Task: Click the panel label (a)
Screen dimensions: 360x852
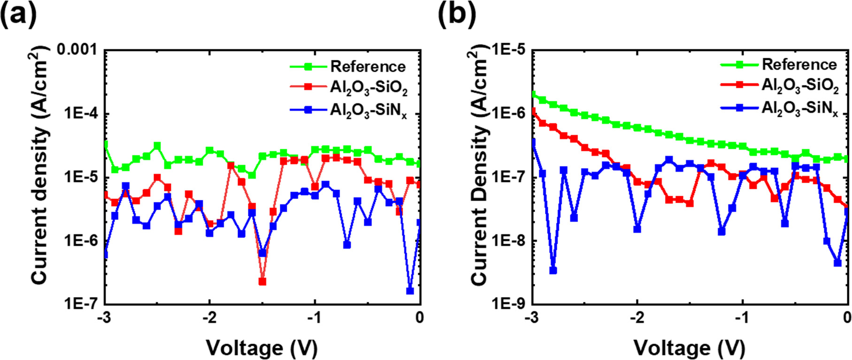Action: point(19,14)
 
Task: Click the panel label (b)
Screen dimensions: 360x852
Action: point(457,14)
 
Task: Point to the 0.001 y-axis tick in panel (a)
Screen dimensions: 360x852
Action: point(77,49)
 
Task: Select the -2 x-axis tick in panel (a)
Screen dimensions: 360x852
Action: point(209,318)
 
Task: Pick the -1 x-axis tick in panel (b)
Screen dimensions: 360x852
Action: point(742,318)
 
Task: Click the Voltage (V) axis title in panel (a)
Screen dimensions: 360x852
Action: point(262,348)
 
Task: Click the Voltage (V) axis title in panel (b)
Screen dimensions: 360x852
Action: point(690,348)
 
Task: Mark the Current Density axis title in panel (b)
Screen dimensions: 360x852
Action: point(479,165)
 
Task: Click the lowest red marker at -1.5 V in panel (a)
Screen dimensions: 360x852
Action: point(262,282)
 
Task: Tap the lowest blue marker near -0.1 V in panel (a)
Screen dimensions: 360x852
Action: point(410,291)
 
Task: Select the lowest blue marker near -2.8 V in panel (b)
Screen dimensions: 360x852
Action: point(553,270)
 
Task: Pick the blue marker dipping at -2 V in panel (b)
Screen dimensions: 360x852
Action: point(637,229)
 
